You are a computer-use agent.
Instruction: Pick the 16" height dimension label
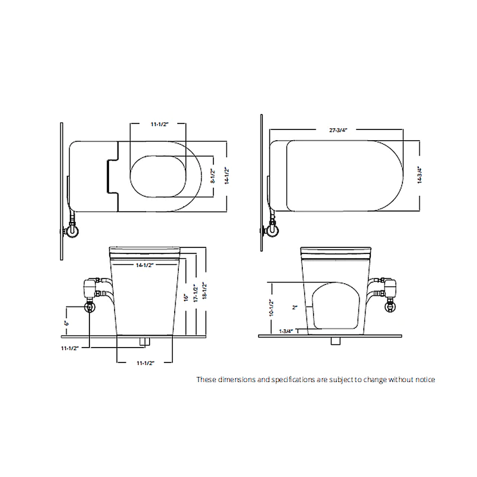pos(186,296)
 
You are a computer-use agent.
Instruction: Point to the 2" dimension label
pos(294,307)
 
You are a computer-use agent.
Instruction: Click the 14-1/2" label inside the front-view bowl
pos(146,264)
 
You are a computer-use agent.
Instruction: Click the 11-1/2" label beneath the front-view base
pos(146,363)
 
